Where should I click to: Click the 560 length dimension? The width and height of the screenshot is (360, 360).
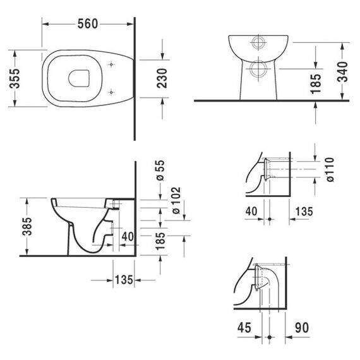(88, 24)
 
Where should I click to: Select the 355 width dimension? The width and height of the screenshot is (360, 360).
(15, 78)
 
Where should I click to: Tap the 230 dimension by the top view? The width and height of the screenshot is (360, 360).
(162, 78)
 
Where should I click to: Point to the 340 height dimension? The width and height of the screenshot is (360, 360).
(342, 71)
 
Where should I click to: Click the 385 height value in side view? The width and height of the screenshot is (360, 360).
(27, 226)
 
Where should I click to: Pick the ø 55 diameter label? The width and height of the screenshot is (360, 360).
(160, 170)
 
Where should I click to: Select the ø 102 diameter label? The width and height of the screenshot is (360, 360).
(176, 200)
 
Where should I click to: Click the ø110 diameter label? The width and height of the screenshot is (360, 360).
(330, 170)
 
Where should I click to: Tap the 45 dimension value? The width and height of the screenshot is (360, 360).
(244, 327)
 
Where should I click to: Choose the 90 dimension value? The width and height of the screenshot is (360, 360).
(302, 327)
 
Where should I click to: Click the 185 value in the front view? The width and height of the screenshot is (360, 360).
(316, 83)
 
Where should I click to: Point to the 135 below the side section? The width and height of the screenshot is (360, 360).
(124, 280)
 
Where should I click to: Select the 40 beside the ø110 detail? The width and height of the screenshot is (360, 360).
(251, 211)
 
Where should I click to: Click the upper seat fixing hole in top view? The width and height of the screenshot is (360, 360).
(111, 65)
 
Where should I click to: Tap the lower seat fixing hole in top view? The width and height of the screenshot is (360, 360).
(111, 92)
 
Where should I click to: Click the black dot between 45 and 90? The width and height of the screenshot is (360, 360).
(270, 337)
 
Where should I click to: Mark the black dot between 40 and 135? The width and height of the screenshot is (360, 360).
(270, 219)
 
